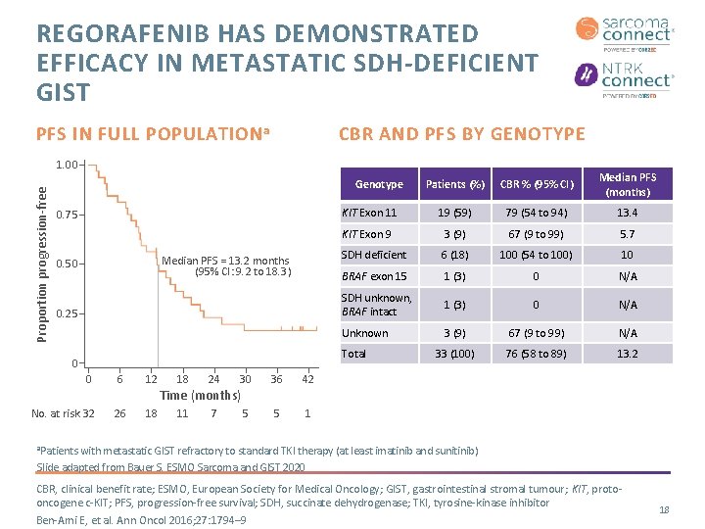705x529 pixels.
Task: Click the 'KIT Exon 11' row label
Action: (368, 213)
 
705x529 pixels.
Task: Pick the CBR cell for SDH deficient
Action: (534, 255)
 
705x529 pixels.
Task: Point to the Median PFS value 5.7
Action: (628, 234)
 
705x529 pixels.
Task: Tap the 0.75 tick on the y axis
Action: (68, 215)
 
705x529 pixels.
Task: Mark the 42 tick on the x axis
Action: (307, 380)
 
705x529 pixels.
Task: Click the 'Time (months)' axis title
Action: (200, 396)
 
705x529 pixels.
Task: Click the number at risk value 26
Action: (119, 413)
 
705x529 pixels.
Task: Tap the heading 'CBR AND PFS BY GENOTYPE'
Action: (461, 134)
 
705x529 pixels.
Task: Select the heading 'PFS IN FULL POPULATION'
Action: (152, 134)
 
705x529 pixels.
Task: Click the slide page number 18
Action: (664, 510)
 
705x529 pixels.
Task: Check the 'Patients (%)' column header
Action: (455, 184)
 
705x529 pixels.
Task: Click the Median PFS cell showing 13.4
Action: (628, 213)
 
